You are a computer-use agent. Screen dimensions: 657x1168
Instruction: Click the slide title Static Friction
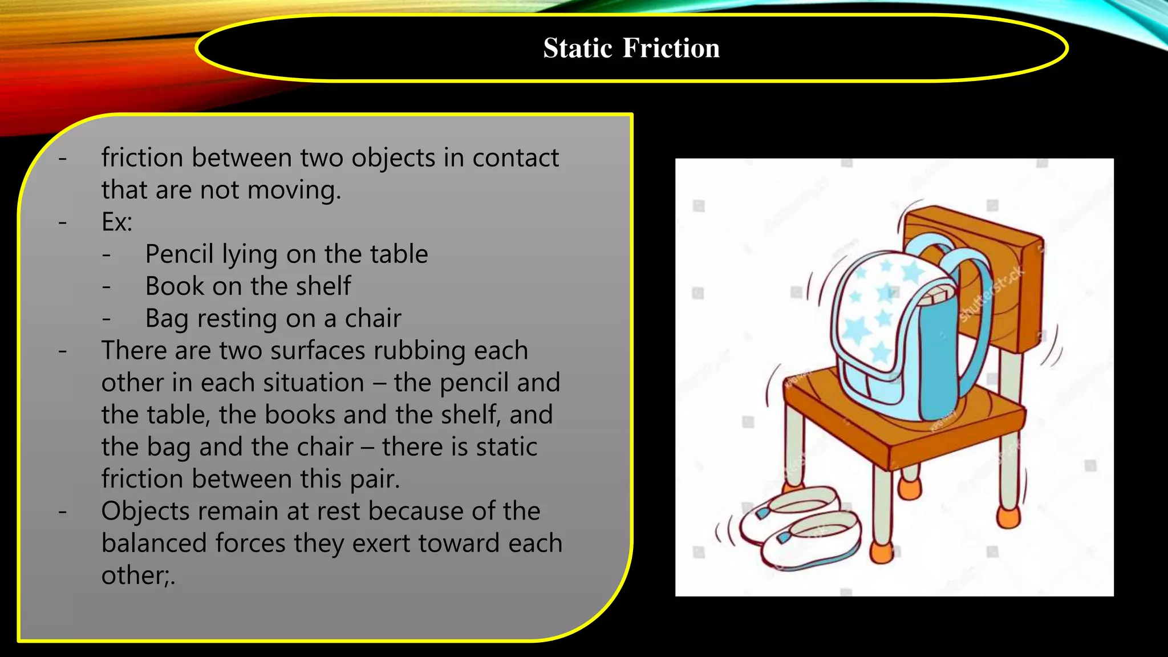coord(631,48)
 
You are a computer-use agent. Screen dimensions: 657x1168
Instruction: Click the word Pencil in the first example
coord(179,254)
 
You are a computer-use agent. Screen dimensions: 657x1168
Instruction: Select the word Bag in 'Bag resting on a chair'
coord(167,319)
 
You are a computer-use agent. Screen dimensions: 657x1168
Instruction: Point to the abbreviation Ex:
coord(117,222)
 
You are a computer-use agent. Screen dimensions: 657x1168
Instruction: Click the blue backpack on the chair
coord(901,336)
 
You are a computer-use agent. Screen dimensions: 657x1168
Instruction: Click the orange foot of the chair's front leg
coord(882,552)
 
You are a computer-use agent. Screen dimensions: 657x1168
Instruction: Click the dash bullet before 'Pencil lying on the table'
coord(107,255)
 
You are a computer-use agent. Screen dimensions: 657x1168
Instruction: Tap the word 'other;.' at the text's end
coord(138,575)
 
